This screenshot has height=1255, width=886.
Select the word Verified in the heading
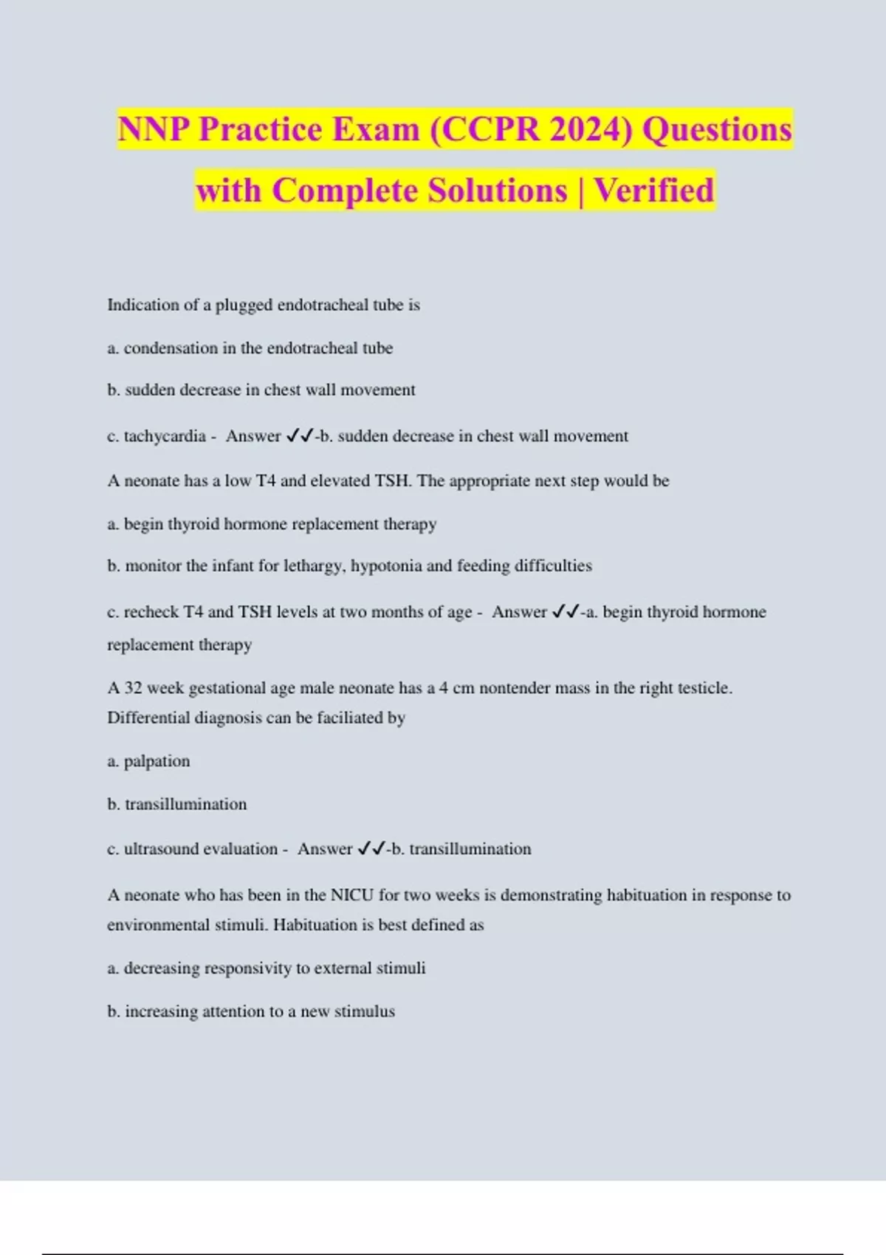click(654, 190)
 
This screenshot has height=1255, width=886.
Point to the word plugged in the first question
click(244, 305)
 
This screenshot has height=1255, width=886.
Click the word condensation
click(171, 348)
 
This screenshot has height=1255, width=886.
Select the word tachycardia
click(165, 436)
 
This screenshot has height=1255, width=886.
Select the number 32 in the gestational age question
click(133, 688)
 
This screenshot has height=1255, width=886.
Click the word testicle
click(704, 688)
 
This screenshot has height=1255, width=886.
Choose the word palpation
click(157, 761)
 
